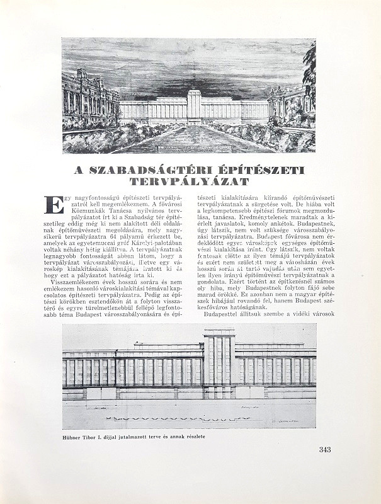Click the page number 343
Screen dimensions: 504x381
325,449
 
